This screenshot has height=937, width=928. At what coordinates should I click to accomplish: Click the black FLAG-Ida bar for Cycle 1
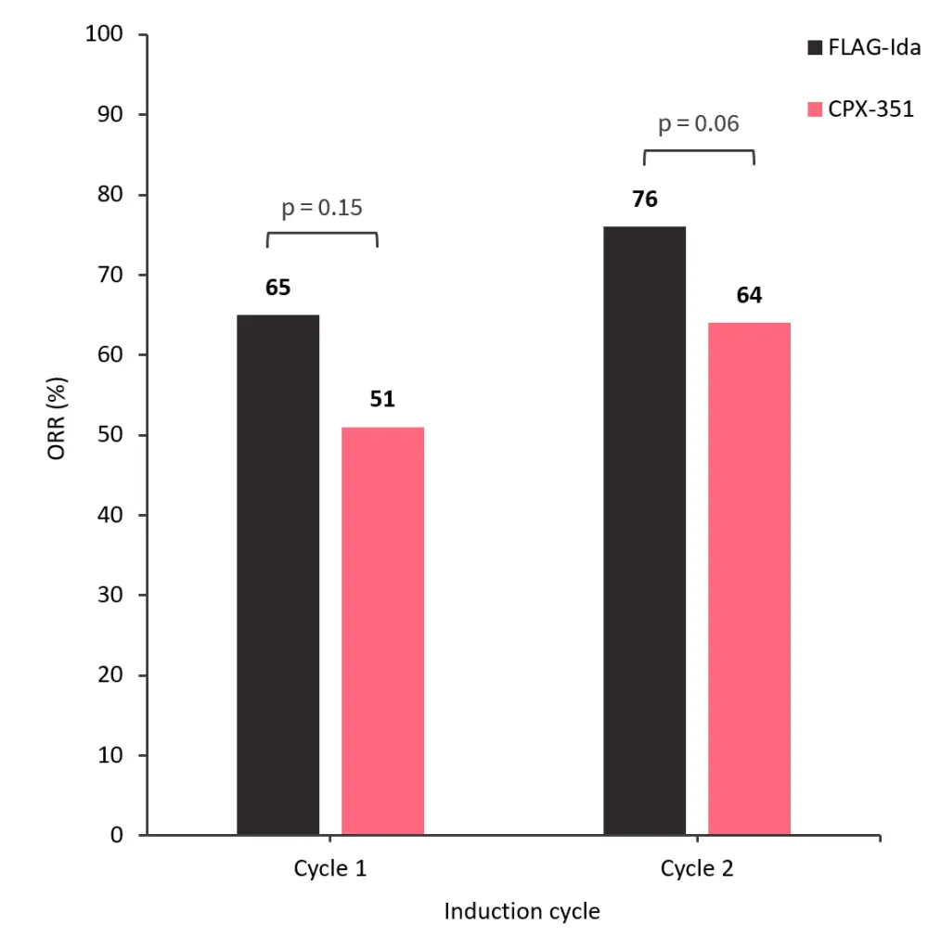(278, 575)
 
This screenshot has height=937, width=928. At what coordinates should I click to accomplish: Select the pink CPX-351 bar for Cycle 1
(382, 631)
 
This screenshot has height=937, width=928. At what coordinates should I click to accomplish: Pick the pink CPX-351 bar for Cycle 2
(749, 579)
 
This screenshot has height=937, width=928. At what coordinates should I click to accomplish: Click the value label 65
(278, 288)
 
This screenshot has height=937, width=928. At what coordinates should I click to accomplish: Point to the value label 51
(382, 399)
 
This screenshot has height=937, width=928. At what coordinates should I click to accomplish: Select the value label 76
(645, 199)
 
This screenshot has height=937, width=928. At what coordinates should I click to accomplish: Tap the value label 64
(749, 296)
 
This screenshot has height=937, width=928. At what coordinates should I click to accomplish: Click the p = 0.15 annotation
(322, 207)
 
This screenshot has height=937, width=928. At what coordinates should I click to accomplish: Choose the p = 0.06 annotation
(699, 123)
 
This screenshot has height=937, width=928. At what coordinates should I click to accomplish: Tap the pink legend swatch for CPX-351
(815, 109)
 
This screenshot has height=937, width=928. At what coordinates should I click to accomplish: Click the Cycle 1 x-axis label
(330, 869)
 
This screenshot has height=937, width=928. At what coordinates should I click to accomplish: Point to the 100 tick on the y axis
(104, 35)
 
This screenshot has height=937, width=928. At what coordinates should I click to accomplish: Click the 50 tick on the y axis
(110, 435)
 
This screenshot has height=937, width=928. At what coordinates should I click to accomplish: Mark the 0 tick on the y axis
(117, 835)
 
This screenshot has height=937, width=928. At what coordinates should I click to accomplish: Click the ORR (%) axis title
(58, 434)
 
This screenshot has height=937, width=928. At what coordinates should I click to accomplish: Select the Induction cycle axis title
(522, 911)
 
